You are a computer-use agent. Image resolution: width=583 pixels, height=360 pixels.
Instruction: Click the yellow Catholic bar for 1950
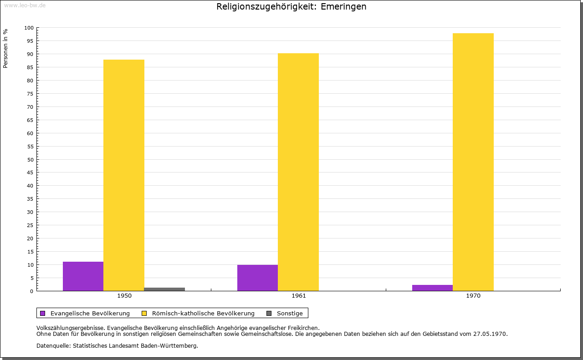124,175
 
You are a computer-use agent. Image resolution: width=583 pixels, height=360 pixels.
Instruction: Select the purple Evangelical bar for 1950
83,276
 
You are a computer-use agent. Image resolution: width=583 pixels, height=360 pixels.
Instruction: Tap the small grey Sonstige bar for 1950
164,289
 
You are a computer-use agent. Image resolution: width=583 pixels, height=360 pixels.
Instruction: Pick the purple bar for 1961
257,278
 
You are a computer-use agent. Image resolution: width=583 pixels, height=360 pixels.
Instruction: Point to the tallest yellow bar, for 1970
473,162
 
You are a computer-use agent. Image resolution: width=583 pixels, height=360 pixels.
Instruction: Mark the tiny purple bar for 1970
432,288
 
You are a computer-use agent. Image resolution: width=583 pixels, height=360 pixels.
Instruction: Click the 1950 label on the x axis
124,296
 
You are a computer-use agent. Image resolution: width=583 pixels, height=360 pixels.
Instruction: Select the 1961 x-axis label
299,296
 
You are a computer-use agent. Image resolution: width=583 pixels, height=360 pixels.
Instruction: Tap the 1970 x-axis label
473,296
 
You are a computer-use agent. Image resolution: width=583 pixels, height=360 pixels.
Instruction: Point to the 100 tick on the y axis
29,28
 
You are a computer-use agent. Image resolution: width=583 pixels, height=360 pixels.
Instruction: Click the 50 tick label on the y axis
31,159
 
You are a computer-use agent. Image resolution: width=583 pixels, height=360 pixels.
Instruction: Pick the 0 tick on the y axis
32,291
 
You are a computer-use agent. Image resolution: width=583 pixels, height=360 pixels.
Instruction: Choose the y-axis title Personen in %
5,48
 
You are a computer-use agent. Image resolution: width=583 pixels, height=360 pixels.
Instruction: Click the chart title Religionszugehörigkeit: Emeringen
291,6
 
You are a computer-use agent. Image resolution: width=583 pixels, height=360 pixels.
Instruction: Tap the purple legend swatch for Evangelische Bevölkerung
43,313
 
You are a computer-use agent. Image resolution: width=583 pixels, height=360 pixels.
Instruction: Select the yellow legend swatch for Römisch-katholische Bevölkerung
144,313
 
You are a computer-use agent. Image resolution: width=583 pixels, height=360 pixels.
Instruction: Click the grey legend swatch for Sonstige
269,313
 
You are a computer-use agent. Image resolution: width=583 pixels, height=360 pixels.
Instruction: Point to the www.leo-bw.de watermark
25,5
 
